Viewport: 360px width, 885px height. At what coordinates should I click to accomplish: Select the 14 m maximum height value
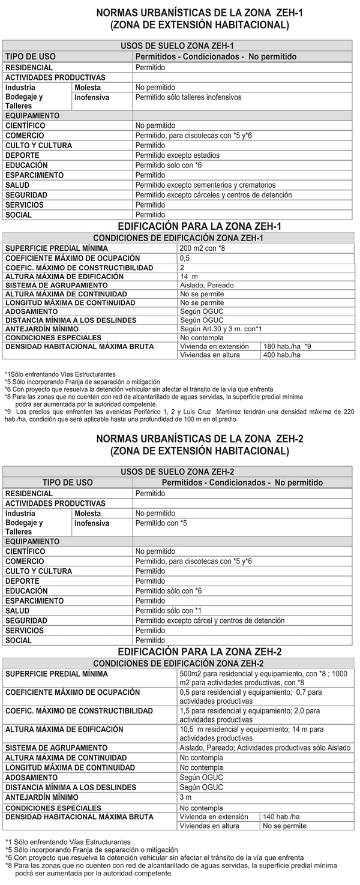(189, 277)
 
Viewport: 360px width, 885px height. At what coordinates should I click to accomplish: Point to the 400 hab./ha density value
(281, 355)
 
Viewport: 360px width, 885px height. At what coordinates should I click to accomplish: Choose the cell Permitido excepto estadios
(177, 155)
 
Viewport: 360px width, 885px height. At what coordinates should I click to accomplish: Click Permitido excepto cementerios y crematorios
(205, 185)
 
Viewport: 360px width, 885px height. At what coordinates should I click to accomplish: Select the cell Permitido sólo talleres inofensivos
(188, 97)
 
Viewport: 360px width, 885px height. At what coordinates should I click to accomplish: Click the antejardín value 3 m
(185, 797)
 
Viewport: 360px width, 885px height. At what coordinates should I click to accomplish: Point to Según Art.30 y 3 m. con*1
(221, 329)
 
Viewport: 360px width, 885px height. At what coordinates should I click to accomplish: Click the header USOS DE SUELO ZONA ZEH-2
(177, 472)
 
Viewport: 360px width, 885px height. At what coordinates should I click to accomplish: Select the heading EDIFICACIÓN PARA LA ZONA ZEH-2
(199, 652)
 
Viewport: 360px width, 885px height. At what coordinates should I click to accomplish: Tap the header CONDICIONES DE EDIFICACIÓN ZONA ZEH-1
(178, 238)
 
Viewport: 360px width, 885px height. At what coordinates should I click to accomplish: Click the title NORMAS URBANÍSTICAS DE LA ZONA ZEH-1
(200, 13)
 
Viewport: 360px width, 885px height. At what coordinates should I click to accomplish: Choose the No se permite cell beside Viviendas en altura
(284, 826)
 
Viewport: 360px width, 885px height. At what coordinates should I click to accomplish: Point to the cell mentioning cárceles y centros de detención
(214, 195)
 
